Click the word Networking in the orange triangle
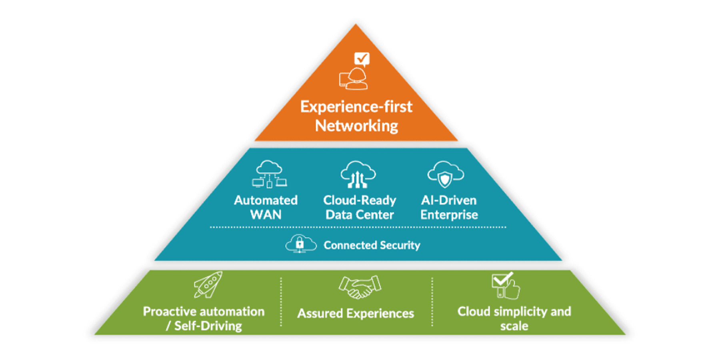(356, 126)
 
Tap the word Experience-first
(356, 107)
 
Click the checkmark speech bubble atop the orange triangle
(362, 59)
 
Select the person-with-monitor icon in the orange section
(354, 79)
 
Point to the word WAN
(266, 215)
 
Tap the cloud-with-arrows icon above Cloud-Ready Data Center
(358, 174)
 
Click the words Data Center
(360, 215)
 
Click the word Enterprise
(449, 215)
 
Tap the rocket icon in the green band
(208, 284)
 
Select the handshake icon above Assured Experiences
(360, 287)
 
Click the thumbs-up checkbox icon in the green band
(506, 286)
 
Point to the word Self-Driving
(208, 326)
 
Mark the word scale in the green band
(514, 326)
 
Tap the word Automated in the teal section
(266, 200)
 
